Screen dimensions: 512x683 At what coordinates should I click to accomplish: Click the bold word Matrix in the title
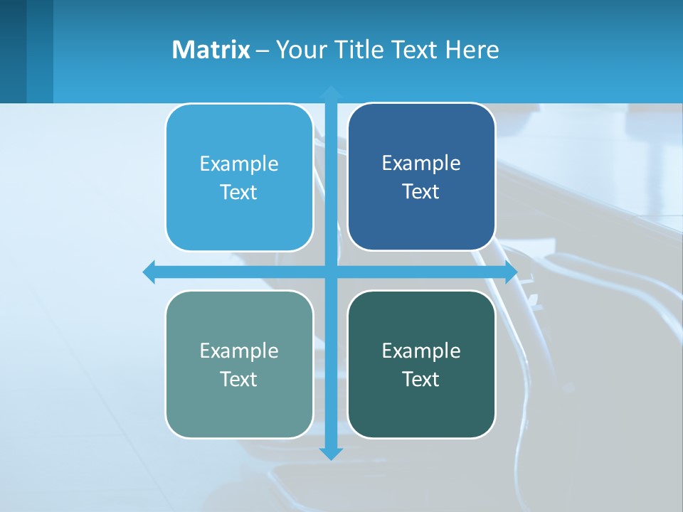211,50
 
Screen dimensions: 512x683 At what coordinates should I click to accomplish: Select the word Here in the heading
472,50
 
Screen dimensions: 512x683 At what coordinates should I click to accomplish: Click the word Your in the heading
302,50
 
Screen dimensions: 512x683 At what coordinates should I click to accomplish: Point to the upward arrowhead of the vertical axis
331,93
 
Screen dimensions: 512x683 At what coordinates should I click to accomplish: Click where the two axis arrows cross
331,272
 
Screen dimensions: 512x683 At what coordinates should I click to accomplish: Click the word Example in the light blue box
239,164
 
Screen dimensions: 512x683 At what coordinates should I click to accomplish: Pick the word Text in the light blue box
239,193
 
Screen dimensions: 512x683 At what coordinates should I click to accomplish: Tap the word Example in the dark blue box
421,164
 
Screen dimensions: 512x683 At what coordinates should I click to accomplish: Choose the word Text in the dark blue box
421,192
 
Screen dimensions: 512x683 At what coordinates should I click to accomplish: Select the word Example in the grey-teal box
239,351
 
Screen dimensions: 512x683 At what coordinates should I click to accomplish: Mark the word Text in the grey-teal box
239,380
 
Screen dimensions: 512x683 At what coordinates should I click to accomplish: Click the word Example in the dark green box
421,351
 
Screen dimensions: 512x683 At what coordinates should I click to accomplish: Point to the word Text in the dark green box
421,380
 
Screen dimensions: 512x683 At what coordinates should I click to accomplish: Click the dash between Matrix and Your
263,50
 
